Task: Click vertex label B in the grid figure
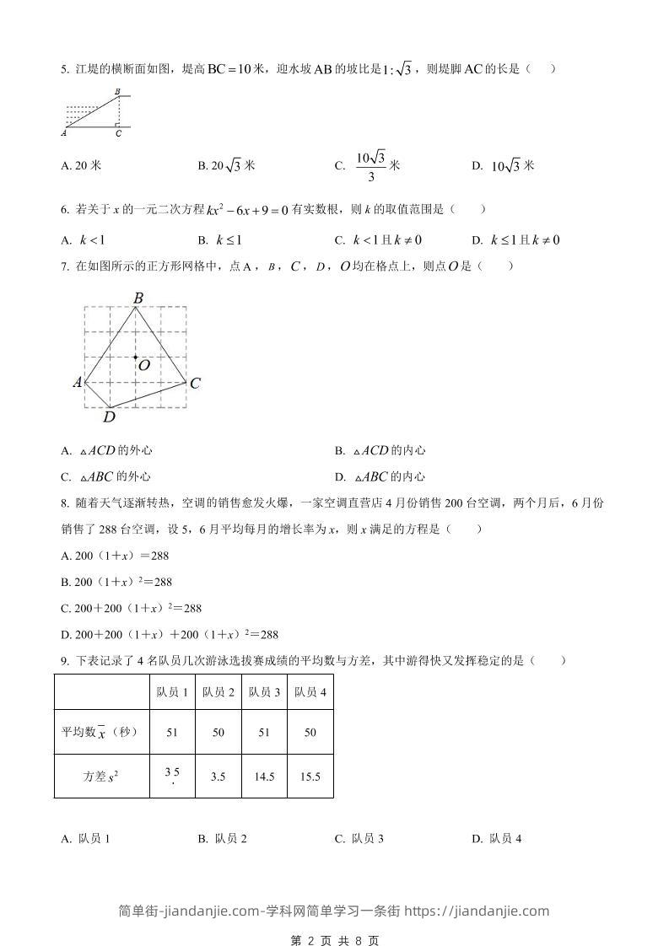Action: tap(138, 297)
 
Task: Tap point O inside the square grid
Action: tap(135, 357)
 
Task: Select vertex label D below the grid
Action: tap(108, 416)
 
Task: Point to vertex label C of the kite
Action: tap(195, 384)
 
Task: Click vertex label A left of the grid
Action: tap(77, 383)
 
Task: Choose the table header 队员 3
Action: tap(264, 692)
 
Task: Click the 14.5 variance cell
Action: tap(264, 777)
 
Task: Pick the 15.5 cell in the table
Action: tap(310, 777)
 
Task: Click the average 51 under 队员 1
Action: tap(172, 733)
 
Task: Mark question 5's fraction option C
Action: tap(367, 165)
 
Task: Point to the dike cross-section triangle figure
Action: tap(95, 112)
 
